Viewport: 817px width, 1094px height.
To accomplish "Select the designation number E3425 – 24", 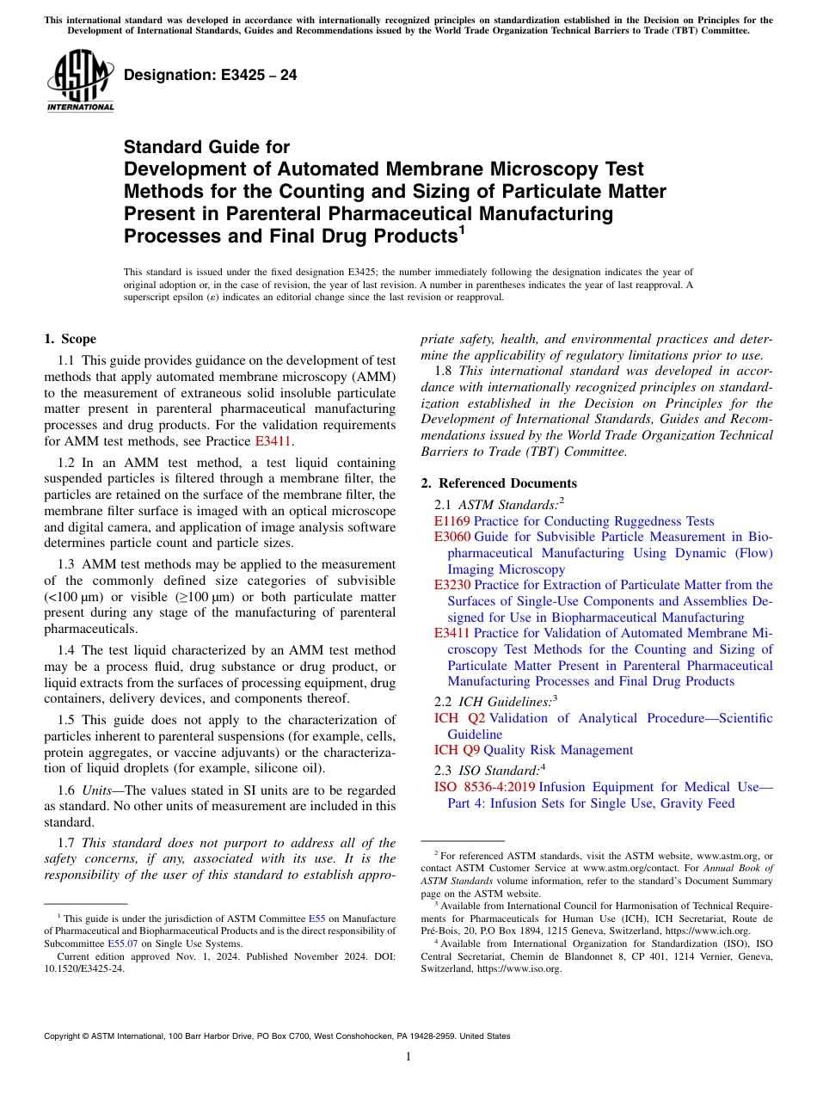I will pos(211,75).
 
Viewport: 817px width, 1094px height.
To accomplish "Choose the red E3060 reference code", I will pos(452,537).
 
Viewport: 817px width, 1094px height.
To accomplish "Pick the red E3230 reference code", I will pos(452,585).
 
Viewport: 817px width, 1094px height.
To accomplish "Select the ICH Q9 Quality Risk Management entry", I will pos(533,750).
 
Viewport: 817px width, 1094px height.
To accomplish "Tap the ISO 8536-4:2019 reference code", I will pos(485,787).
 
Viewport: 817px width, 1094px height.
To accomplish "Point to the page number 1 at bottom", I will pos(408,1056).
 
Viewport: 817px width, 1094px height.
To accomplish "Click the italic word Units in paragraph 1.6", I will pos(98,790).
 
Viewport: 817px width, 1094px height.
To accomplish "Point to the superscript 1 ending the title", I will pos(461,230).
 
